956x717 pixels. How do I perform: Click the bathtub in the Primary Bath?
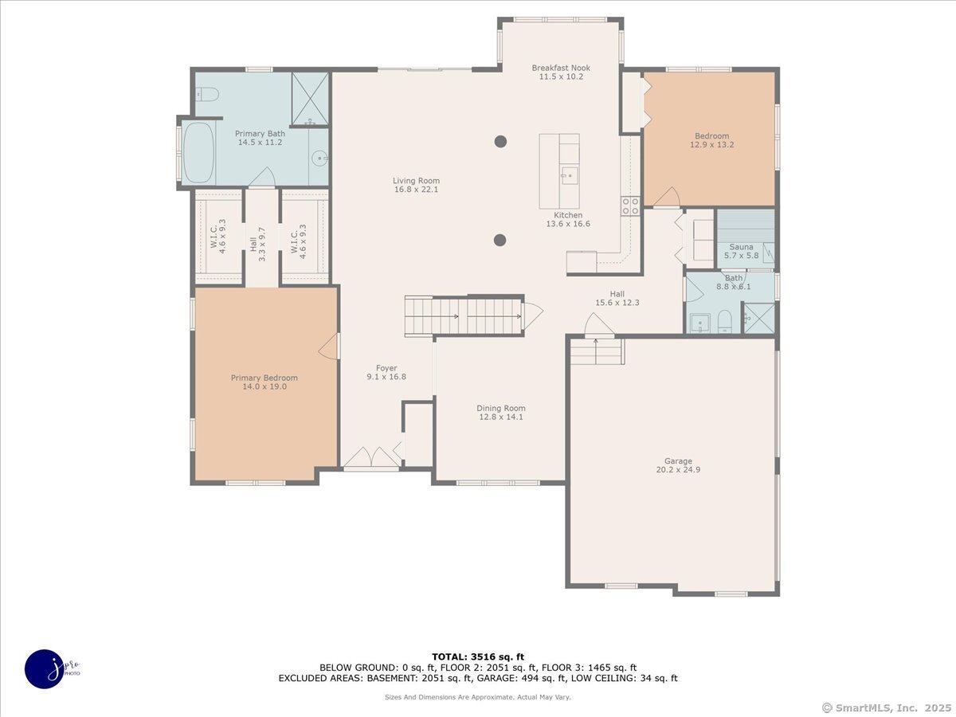(198, 152)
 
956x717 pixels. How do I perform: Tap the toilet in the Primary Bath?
(206, 93)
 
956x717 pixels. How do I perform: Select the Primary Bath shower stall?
(310, 99)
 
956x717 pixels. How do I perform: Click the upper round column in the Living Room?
(500, 142)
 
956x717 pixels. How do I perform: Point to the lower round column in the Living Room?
(500, 240)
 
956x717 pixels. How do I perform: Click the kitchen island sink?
(570, 176)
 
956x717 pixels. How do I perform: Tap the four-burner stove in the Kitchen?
(630, 206)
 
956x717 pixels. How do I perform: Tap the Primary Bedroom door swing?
(329, 347)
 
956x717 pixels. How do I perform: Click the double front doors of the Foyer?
(371, 457)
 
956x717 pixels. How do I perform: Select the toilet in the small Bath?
(725, 321)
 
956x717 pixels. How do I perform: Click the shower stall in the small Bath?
(759, 319)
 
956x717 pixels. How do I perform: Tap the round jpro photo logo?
(45, 669)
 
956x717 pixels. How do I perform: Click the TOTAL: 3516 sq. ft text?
(478, 656)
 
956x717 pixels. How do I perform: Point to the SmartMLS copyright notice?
(886, 707)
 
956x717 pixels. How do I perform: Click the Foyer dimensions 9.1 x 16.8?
(386, 377)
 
